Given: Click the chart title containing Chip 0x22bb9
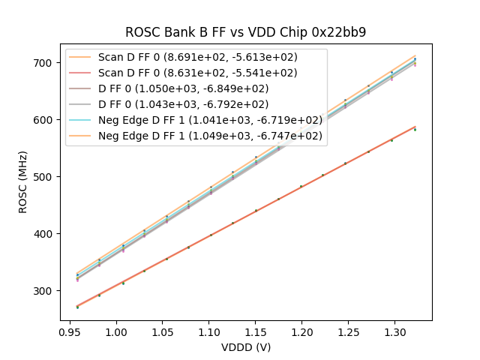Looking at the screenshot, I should point(245,32).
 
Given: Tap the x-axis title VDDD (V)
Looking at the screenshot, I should point(245,347).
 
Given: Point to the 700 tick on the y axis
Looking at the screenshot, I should point(46,63).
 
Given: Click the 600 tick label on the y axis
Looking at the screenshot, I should point(46,120).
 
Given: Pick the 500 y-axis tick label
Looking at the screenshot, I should point(46,177).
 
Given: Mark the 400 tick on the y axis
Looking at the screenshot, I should point(46,234).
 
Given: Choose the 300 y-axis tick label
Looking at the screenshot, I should point(46,291).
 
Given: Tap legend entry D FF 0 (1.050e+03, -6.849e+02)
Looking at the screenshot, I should point(184,88).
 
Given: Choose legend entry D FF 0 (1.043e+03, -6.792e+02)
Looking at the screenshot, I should point(184,104).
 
